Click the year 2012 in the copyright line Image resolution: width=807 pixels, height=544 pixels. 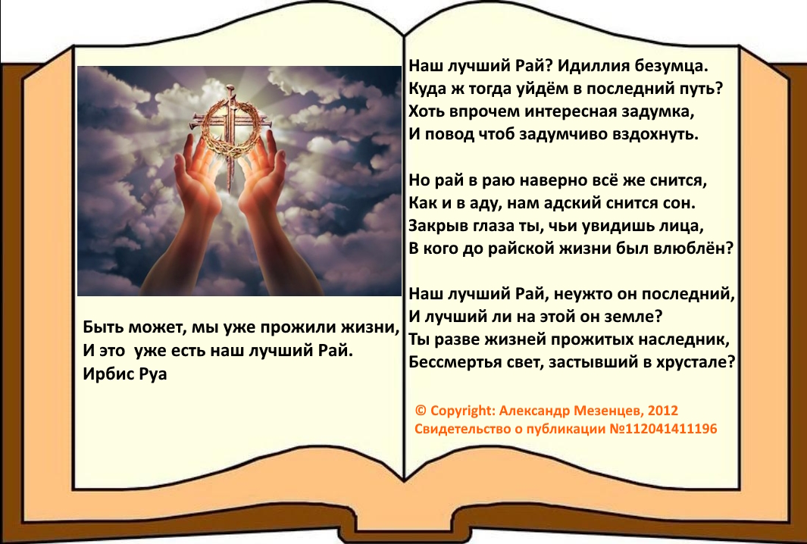(x=663, y=411)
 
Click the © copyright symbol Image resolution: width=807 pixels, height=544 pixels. (x=421, y=411)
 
